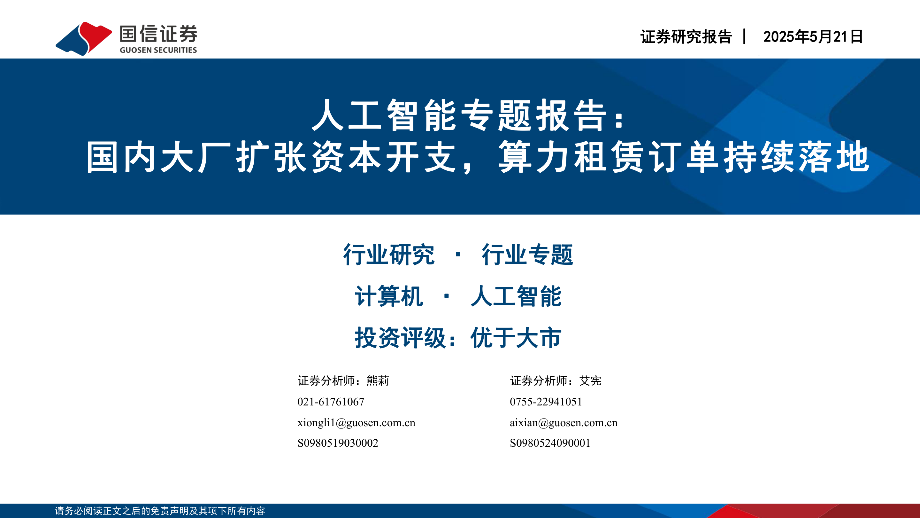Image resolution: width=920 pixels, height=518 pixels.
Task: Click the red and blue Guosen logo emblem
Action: (84, 39)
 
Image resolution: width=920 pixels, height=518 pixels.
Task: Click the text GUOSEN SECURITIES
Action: (158, 50)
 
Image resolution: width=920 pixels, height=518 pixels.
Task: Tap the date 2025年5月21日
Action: (813, 37)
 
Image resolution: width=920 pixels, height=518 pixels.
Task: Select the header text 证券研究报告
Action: (686, 37)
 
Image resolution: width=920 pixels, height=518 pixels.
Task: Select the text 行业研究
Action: (389, 255)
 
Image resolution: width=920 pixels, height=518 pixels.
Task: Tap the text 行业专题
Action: (527, 255)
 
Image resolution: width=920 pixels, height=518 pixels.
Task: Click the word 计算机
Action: (389, 296)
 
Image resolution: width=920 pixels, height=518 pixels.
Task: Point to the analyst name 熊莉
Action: (378, 381)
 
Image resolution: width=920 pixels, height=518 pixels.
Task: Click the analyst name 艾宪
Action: (590, 381)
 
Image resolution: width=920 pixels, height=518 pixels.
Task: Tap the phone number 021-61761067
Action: (331, 402)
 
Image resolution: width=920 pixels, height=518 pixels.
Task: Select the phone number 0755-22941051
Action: (546, 402)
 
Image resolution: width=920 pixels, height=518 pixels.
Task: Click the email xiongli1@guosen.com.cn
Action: (356, 422)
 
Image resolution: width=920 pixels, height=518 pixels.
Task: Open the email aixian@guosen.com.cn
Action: (563, 422)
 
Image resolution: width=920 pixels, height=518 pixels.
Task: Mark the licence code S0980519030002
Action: (338, 443)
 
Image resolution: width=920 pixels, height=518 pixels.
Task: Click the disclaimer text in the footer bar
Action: (160, 511)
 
